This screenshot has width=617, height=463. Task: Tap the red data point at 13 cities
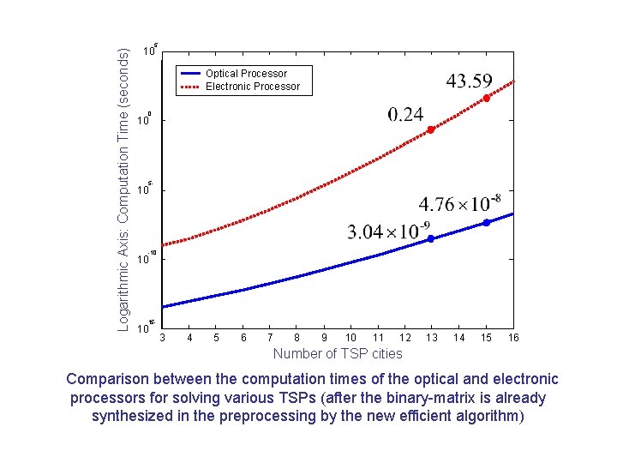tap(431, 129)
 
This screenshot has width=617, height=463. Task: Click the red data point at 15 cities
tap(486, 99)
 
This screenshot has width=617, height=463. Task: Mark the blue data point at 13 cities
tap(431, 238)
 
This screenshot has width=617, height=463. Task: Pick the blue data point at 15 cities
tap(486, 222)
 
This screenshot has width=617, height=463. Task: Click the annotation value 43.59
tap(469, 81)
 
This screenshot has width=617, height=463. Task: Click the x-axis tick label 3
tap(162, 338)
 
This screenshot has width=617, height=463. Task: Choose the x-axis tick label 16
tap(513, 338)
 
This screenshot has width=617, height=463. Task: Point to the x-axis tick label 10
tap(350, 338)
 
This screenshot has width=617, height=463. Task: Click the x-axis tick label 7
tap(270, 338)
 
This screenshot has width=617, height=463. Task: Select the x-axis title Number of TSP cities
tap(337, 353)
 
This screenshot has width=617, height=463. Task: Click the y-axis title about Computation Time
tap(123, 189)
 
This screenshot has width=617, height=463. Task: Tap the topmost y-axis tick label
tap(148, 51)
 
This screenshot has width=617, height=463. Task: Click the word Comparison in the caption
tap(111, 379)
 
